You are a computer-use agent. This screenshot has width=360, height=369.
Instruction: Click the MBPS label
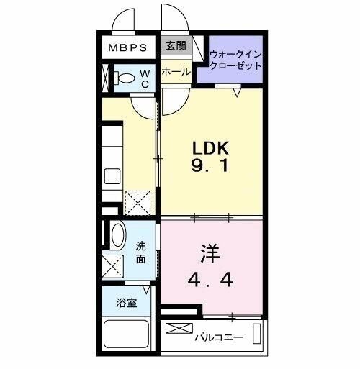click(x=128, y=48)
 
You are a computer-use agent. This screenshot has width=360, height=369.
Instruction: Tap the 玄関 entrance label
click(x=175, y=47)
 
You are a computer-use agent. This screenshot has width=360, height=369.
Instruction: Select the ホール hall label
click(x=176, y=72)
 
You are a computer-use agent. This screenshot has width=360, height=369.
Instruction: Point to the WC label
click(x=144, y=78)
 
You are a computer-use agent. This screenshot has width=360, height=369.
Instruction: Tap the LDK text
click(x=210, y=147)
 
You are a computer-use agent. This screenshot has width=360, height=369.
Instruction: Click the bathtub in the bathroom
click(x=127, y=335)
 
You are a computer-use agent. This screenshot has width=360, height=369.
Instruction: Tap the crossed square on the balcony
click(x=176, y=329)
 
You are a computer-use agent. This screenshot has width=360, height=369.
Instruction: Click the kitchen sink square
click(x=113, y=177)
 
